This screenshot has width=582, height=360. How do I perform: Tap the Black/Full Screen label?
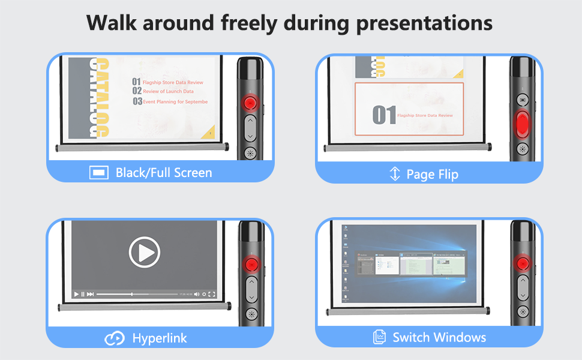164,173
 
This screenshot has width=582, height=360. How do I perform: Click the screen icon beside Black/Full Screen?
98,173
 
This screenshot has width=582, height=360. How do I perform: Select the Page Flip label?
432,175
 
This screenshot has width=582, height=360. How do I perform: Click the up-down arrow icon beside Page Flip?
395,174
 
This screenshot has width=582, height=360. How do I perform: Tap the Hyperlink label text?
160,338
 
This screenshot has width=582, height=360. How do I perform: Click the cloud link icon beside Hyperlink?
115,338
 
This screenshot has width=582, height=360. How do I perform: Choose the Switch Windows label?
439,337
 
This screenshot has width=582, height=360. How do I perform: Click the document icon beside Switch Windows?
379,337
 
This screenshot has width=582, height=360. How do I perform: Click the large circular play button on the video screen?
145,253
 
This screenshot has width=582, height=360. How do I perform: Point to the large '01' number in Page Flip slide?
384,115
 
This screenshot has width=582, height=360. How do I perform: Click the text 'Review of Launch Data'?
168,91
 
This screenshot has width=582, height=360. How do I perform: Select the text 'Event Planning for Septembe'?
175,102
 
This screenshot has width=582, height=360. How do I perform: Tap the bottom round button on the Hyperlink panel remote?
251,314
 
